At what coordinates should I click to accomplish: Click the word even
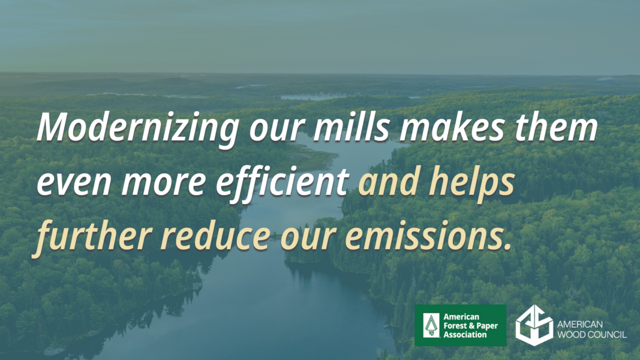74,182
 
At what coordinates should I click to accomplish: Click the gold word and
389,180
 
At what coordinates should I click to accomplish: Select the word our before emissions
308,239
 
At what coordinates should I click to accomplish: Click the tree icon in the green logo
431,325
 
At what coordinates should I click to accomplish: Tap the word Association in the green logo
465,335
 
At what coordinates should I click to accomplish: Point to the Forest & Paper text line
471,326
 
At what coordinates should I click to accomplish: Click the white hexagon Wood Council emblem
534,325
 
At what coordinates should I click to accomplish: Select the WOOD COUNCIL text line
592,335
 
